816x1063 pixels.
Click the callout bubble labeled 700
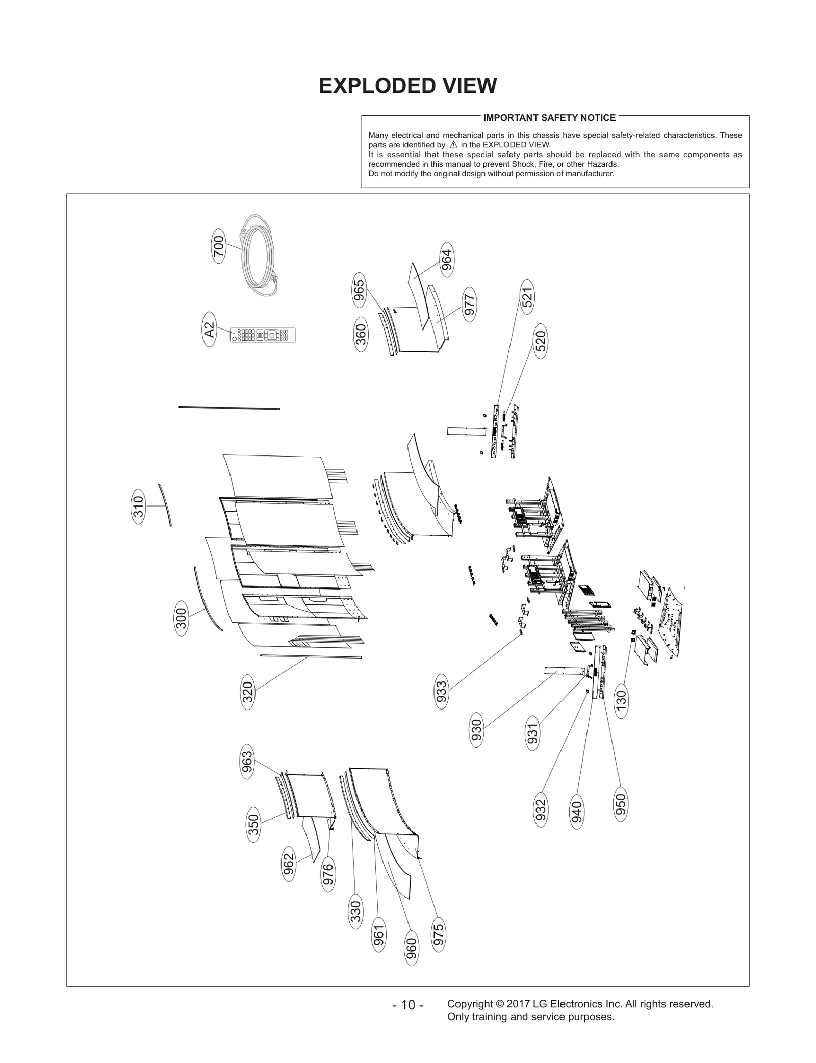[x=218, y=248]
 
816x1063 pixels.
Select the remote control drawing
[x=263, y=335]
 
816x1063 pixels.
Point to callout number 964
[x=446, y=260]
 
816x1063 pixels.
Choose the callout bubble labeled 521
[x=527, y=297]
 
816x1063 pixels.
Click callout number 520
[x=541, y=341]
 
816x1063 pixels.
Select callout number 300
[x=182, y=618]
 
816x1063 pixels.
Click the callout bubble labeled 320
[x=247, y=692]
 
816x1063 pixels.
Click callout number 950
[x=621, y=804]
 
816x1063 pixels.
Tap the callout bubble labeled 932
[x=541, y=810]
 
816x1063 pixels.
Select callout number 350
[x=253, y=825]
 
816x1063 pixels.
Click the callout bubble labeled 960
[x=412, y=948]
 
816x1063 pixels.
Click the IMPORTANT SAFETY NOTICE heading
[x=549, y=118]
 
